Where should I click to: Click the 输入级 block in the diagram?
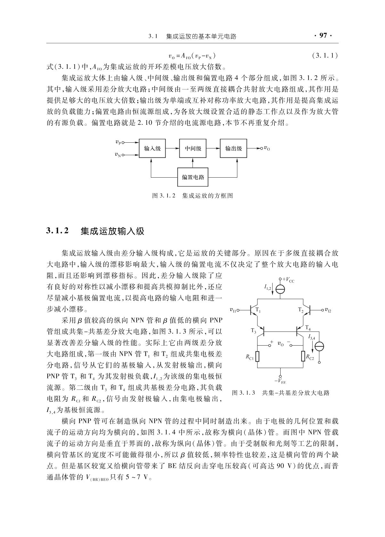(x=152, y=148)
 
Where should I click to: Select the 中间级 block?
(x=193, y=148)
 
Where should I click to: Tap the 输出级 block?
(x=233, y=148)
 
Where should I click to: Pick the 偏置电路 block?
(x=193, y=177)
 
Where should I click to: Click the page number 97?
(x=323, y=36)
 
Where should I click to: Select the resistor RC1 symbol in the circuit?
(x=258, y=357)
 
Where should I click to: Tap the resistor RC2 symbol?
(x=303, y=357)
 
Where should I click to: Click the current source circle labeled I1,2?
(x=280, y=289)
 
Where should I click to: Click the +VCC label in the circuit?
(x=288, y=281)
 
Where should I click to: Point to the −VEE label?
(x=280, y=381)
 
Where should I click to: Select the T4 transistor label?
(x=307, y=327)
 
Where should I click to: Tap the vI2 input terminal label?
(x=328, y=310)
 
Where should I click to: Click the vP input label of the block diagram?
(x=118, y=142)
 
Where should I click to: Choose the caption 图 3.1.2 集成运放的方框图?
(x=192, y=195)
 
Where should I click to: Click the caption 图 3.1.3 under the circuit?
(x=280, y=393)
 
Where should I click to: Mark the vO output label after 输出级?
(x=267, y=149)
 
